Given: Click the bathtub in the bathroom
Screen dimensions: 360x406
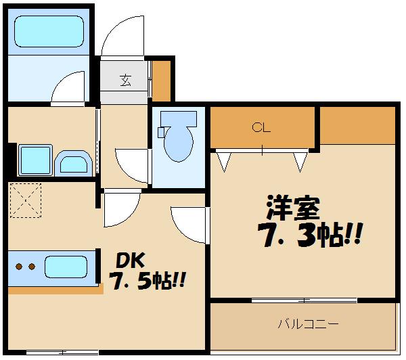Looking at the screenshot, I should click(x=48, y=32).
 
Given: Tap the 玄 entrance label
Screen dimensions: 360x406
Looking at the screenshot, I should click(x=125, y=81).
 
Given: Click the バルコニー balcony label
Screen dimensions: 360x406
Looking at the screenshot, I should click(x=308, y=323).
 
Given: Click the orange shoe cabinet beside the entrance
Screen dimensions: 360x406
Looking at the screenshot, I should click(x=160, y=80).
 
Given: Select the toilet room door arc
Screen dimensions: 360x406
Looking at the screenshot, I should click(x=132, y=164).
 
